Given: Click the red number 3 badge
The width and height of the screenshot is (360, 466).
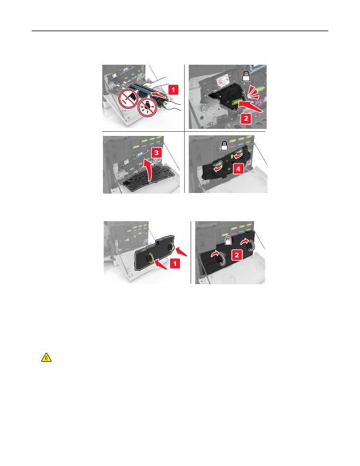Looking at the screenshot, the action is pos(156,153).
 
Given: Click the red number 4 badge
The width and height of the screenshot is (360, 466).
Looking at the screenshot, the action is pos(238,169).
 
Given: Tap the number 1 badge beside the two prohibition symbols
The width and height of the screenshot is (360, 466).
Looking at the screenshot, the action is pos(173,89).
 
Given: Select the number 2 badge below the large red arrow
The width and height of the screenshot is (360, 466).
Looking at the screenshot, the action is pos(246,118).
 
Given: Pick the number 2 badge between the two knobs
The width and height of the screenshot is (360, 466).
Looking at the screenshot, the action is pos(236,255).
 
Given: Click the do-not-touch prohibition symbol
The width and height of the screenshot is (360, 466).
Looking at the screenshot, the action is pos(128,99).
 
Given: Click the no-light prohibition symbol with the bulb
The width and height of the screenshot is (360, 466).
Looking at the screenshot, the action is pos(148,107).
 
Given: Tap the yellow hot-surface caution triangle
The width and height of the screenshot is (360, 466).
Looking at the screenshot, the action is pos(46,357).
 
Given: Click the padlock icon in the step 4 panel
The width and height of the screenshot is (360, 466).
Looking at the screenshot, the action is pos(224,145).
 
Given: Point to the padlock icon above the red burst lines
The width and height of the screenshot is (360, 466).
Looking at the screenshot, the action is pos(246,76).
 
